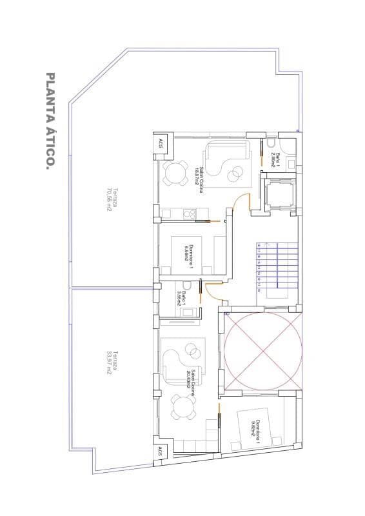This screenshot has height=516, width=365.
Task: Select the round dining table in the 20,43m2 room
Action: tap(183, 407)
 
